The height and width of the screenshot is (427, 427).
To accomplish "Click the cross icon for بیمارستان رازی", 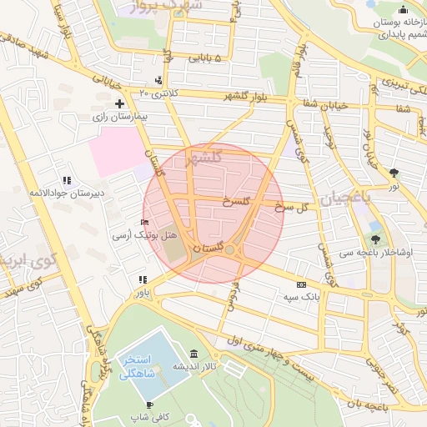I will [x=120, y=104].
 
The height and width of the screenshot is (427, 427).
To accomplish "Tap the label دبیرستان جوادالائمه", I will [x=67, y=193].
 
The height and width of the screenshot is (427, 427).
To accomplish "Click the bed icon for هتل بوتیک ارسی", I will [x=145, y=223].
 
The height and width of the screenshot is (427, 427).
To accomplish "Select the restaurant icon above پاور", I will [x=143, y=279].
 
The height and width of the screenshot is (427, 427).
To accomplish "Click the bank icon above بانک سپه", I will [x=301, y=284].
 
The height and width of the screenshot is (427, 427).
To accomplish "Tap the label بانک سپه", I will [x=300, y=297].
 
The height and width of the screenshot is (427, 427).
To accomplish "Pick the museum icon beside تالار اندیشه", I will [x=193, y=354].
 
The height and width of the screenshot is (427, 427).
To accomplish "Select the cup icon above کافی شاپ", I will [x=148, y=404].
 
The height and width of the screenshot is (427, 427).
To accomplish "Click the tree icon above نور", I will [x=394, y=173].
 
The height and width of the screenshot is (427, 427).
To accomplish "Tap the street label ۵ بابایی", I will [x=206, y=58].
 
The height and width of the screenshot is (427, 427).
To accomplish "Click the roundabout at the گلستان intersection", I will [x=229, y=249].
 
